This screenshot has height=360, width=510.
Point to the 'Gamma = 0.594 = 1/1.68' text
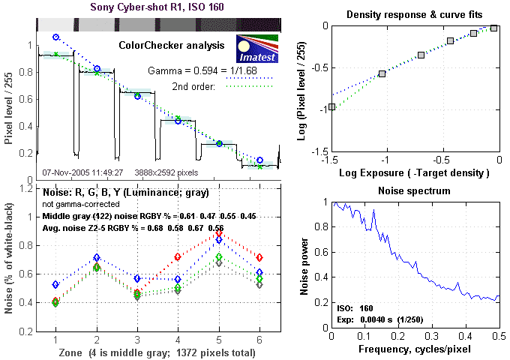(189, 69)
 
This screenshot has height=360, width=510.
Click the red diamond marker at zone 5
(218, 234)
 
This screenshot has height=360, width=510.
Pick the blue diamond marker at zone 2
(96, 258)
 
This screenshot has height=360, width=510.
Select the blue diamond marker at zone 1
(55, 285)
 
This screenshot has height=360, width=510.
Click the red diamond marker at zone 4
(178, 257)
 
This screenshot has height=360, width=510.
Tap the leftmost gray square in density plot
(331, 106)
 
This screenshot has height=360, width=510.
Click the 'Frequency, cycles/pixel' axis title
(415, 349)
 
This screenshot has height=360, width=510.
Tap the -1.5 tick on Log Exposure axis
(331, 160)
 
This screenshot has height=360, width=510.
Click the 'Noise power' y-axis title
(305, 262)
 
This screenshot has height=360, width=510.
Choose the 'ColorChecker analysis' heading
(172, 45)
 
